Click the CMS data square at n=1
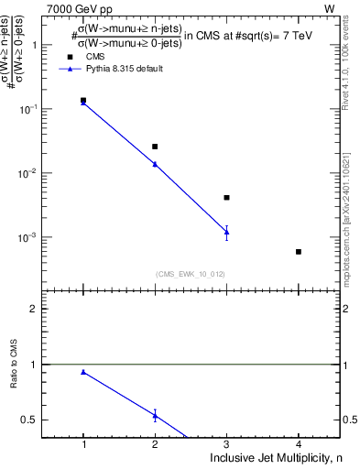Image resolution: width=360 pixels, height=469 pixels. point(83,100)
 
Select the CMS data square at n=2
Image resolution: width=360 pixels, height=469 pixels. point(155,147)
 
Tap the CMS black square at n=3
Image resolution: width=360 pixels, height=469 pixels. point(226,197)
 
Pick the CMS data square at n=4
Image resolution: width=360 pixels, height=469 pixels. point(299,251)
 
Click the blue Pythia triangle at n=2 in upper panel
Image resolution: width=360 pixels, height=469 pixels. point(155,164)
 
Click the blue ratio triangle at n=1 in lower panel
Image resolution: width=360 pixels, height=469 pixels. point(83,372)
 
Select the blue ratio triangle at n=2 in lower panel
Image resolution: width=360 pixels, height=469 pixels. point(155,415)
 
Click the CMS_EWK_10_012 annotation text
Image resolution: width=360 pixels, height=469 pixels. point(191,273)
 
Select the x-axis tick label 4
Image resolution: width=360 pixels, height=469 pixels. point(299,444)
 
